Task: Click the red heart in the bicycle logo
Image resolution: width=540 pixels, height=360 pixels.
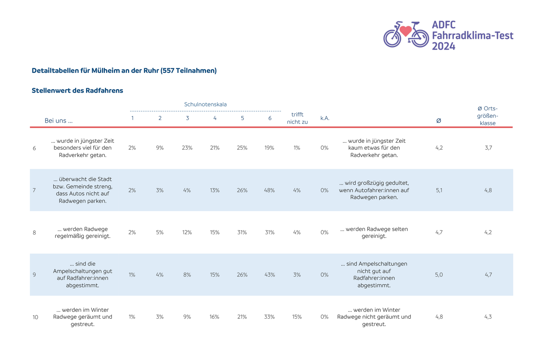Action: coord(405,30)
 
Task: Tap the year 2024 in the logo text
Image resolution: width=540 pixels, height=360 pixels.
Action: coord(443,46)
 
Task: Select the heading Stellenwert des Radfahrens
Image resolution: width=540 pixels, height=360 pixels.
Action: coord(78,90)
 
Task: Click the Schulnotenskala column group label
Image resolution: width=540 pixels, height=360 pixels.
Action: coord(205,105)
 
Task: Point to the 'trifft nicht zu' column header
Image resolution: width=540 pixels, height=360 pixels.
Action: coord(297,118)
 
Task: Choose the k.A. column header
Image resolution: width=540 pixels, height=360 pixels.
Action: coord(325,118)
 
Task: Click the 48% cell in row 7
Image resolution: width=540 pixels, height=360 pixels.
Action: coord(269,190)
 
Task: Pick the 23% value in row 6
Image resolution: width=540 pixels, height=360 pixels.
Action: coord(187,148)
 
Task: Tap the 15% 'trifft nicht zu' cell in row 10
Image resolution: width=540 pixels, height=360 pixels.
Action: coord(297,317)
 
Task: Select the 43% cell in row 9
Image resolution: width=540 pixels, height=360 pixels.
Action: coord(270,275)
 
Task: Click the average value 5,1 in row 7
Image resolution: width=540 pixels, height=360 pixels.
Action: coord(439,190)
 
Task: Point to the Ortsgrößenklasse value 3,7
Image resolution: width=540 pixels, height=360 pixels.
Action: coord(488,148)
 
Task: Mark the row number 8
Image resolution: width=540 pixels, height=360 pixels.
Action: coord(34,233)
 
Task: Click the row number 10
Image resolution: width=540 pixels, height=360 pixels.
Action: coord(35,317)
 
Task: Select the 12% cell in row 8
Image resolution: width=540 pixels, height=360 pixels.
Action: coord(187,232)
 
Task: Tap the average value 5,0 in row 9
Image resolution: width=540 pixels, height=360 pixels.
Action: coord(439,275)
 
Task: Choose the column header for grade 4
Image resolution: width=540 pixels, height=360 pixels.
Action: coord(215,118)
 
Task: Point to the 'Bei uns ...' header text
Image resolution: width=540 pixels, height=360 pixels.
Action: coord(59,120)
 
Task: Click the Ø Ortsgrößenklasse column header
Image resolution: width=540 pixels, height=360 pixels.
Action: coord(488,116)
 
